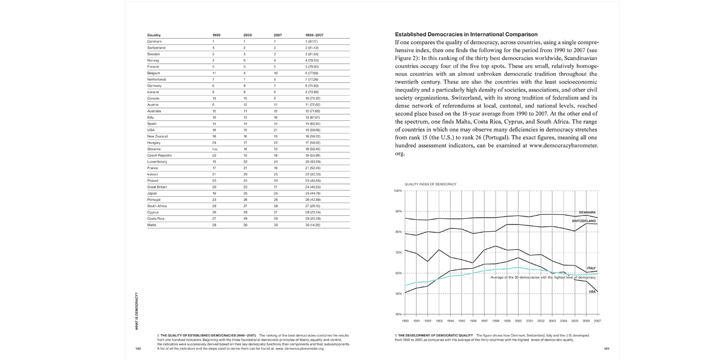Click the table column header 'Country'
pyautogui.click(x=154, y=35)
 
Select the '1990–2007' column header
pyautogui.click(x=314, y=35)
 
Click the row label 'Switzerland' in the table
pyautogui.click(x=156, y=48)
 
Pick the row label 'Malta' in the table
pyautogui.click(x=152, y=224)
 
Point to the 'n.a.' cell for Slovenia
pyautogui.click(x=215, y=149)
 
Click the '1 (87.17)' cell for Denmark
pyautogui.click(x=312, y=42)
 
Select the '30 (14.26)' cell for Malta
pyautogui.click(x=312, y=224)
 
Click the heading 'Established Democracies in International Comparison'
pyautogui.click(x=466, y=34)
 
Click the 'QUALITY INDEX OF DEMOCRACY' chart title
pyautogui.click(x=430, y=184)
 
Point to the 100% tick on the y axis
pyautogui.click(x=398, y=191)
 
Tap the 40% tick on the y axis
pyautogui.click(x=398, y=314)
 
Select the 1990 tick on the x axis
pyautogui.click(x=405, y=321)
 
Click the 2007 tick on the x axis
pyautogui.click(x=597, y=321)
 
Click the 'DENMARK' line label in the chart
pyautogui.click(x=587, y=213)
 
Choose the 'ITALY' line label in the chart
pyautogui.click(x=591, y=268)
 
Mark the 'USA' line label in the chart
pyautogui.click(x=592, y=291)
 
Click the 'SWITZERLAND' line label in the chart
pyautogui.click(x=584, y=221)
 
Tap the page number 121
pyautogui.click(x=607, y=349)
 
